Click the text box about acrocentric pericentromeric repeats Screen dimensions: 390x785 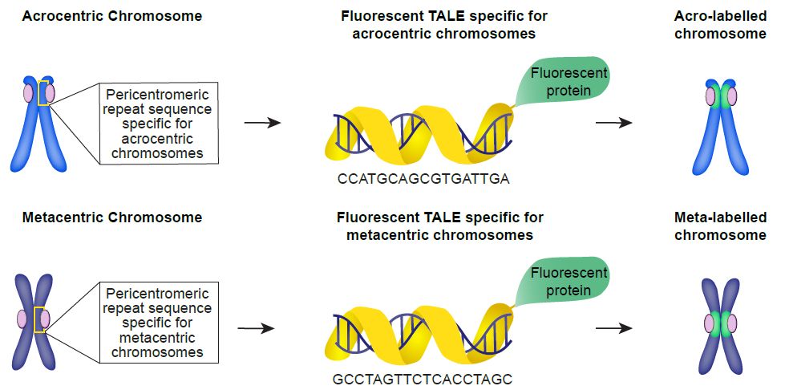pos(160,124)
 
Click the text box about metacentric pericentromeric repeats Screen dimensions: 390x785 pos(158,323)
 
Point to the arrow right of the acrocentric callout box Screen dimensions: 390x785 pos(261,124)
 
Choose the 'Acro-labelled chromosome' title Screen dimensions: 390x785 pos(720,25)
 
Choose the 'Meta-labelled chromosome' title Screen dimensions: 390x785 pos(720,226)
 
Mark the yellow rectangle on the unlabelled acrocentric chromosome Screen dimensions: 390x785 pos(44,93)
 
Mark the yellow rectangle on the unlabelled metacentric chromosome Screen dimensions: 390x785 pos(38,319)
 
